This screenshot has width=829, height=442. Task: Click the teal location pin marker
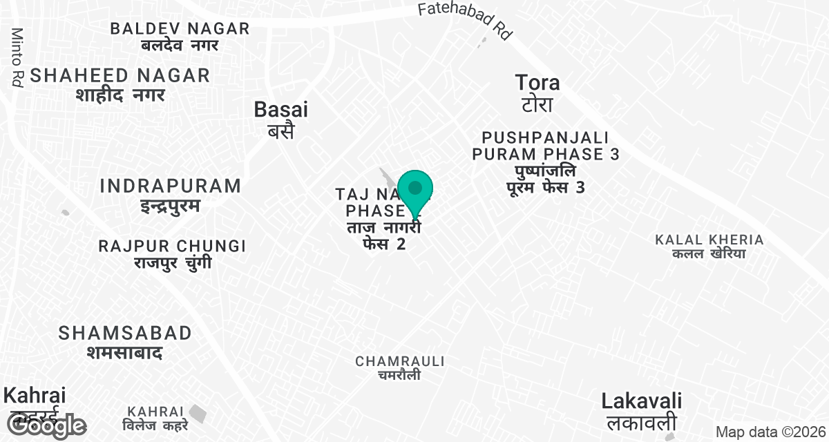pos(415,190)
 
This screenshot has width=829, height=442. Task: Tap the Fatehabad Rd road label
pos(464,19)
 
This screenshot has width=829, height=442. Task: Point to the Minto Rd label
pos(17,57)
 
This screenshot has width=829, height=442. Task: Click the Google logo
pos(46,426)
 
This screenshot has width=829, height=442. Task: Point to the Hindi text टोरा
pos(537,105)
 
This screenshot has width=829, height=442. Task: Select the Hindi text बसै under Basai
pos(280,131)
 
